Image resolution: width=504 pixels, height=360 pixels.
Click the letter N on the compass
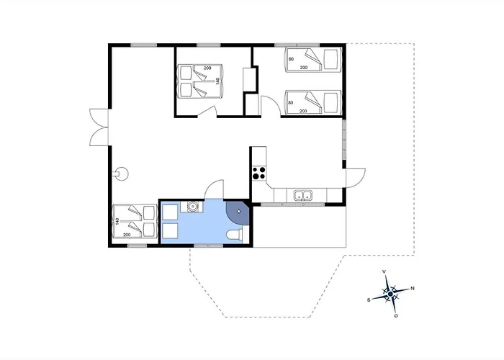[412, 289]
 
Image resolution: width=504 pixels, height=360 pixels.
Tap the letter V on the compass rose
[385, 271]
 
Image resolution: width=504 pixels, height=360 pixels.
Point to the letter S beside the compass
[369, 299]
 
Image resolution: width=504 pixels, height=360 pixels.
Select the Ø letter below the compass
[396, 315]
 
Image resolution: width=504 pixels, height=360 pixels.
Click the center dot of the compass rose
[390, 294]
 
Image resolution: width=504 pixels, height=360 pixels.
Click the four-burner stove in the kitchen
[259, 173]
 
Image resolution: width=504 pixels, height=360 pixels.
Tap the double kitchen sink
[302, 194]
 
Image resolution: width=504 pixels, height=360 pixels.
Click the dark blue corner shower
[238, 212]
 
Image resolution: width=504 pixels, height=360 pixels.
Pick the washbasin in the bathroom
[193, 207]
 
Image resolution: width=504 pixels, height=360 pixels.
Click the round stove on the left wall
[121, 173]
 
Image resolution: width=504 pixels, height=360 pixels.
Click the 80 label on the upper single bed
[292, 59]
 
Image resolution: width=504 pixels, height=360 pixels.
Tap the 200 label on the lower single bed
[303, 111]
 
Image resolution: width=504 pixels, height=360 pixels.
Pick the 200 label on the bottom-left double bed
[127, 235]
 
